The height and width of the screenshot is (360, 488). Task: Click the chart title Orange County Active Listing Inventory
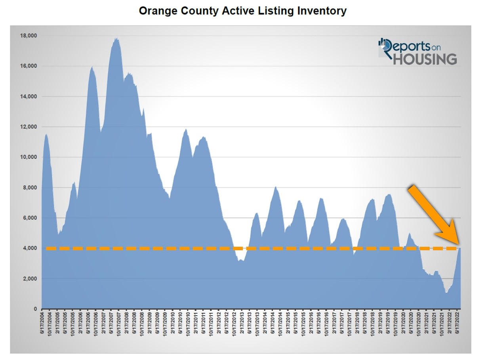point(242,11)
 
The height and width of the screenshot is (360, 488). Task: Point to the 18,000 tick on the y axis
point(28,36)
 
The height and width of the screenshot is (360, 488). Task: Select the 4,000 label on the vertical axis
point(30,248)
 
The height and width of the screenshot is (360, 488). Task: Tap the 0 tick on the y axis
point(35,309)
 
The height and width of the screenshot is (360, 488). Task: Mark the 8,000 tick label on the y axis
point(30,188)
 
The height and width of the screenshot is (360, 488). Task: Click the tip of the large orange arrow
point(459,243)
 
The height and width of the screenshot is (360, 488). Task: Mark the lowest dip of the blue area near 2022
point(446,292)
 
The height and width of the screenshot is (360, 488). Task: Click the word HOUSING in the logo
point(425,59)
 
